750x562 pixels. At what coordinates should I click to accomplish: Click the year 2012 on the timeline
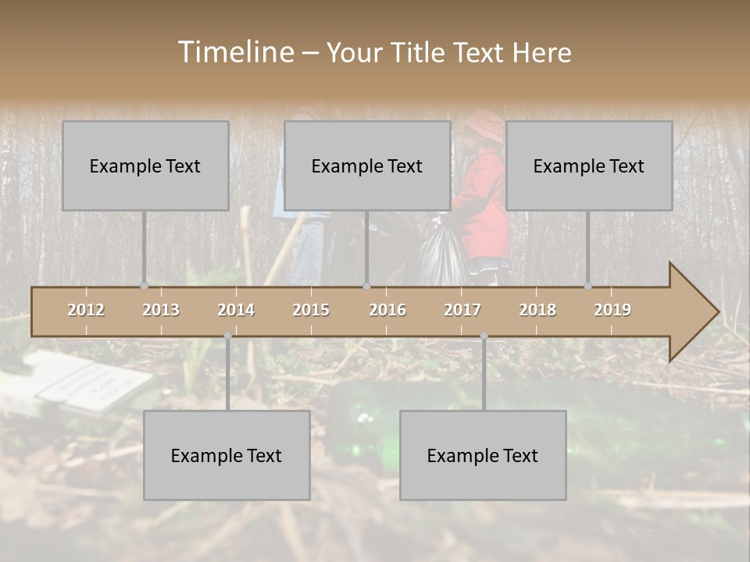click(x=86, y=310)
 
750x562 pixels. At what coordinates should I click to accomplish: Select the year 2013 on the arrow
click(x=161, y=310)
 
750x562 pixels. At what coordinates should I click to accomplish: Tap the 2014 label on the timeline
click(x=236, y=310)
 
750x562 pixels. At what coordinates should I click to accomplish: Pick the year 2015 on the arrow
click(x=311, y=310)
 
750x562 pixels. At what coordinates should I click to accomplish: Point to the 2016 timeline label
click(x=387, y=310)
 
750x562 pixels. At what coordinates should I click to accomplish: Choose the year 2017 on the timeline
click(x=462, y=310)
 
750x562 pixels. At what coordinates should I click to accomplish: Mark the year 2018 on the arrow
click(x=537, y=310)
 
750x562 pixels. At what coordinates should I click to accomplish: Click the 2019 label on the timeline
click(x=612, y=310)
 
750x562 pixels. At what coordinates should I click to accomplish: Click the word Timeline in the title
click(x=234, y=52)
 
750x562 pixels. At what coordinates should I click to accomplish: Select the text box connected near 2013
click(x=145, y=165)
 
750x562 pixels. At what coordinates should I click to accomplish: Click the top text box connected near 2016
click(x=367, y=165)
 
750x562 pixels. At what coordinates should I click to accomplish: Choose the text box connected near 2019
click(x=589, y=165)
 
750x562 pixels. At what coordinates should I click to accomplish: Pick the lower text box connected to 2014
click(x=227, y=455)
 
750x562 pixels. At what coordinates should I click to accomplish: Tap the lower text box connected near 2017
click(x=483, y=455)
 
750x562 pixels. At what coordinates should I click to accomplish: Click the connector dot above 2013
click(x=144, y=286)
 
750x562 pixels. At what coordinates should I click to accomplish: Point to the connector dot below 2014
click(x=227, y=336)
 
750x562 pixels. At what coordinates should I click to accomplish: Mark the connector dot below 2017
click(x=484, y=336)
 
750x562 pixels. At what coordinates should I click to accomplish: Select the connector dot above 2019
click(x=587, y=286)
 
